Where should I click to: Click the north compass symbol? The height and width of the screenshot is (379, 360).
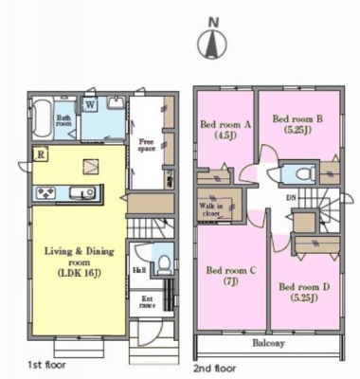pyautogui.click(x=212, y=45)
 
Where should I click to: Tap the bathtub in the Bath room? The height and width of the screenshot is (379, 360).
pyautogui.click(x=42, y=117)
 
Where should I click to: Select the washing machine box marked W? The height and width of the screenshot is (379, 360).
pyautogui.click(x=90, y=104)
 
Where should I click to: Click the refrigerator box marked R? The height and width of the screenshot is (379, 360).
pyautogui.click(x=41, y=154)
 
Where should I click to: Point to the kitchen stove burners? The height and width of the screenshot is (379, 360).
pyautogui.click(x=46, y=192)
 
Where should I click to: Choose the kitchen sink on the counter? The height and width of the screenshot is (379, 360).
pyautogui.click(x=81, y=192)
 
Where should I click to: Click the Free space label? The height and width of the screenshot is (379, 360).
pyautogui.click(x=147, y=145)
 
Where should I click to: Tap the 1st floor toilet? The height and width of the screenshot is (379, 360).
pyautogui.click(x=164, y=264)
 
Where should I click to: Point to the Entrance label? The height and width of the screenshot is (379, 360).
pyautogui.click(x=147, y=302)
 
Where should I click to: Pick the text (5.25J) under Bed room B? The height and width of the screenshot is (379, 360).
pyautogui.click(x=298, y=130)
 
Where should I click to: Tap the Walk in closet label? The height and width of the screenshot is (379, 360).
pyautogui.click(x=211, y=210)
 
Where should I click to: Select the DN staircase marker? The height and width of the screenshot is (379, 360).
pyautogui.click(x=291, y=198)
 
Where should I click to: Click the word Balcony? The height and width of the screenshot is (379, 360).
pyautogui.click(x=268, y=343)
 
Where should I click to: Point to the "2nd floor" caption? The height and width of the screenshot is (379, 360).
pyautogui.click(x=214, y=369)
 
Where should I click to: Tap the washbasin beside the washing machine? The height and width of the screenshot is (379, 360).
pyautogui.click(x=117, y=103)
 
